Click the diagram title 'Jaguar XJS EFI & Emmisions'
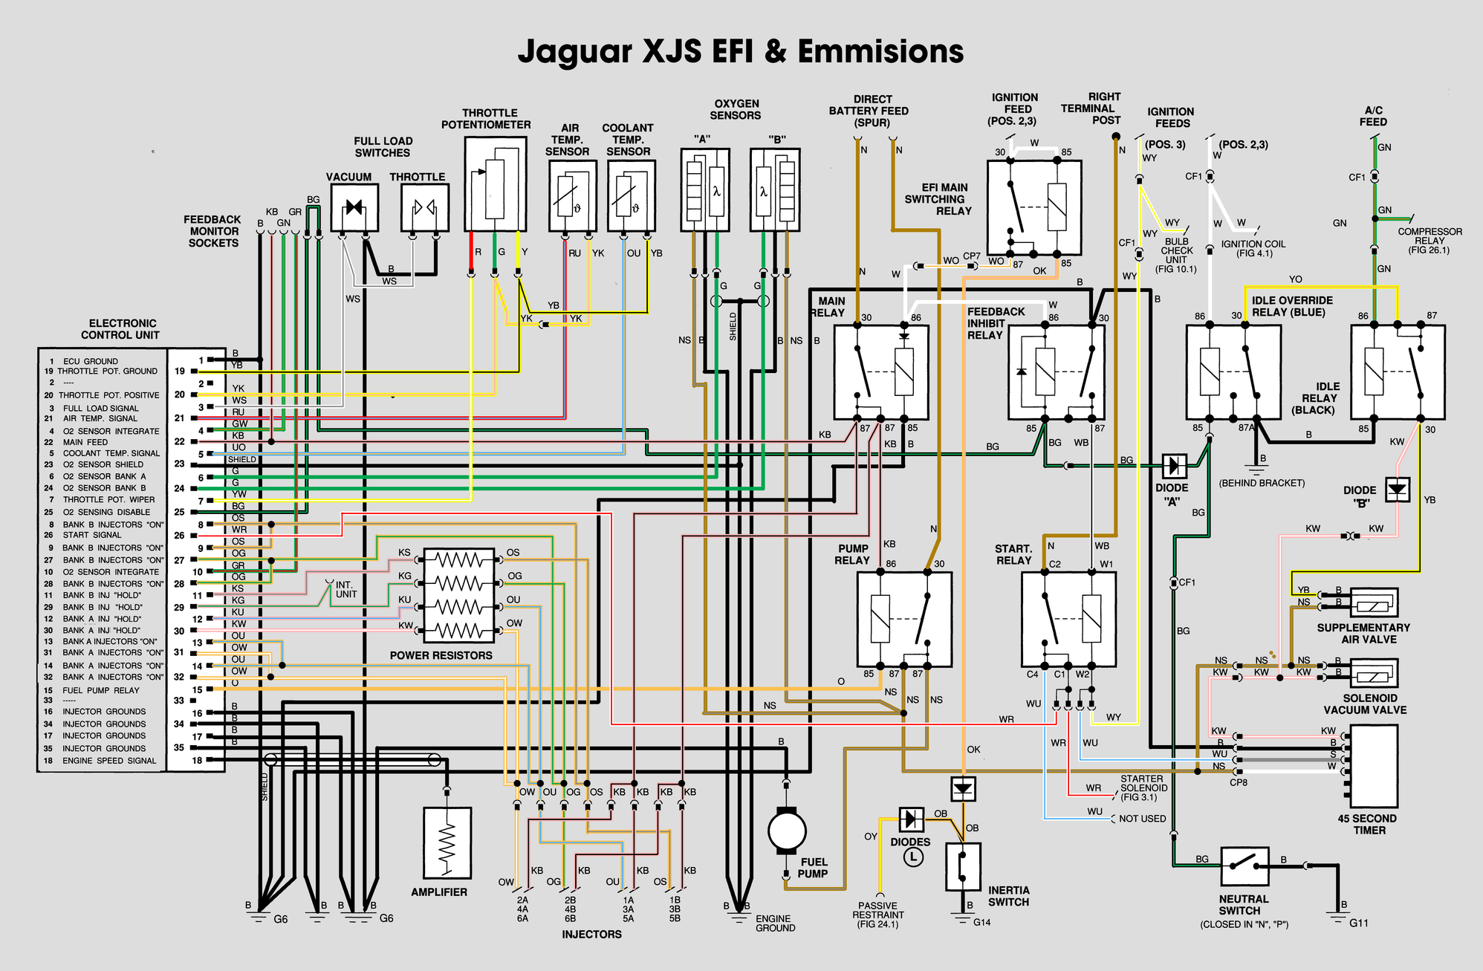click(741, 51)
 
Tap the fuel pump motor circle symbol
click(786, 831)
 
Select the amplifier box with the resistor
click(447, 843)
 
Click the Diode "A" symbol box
click(1174, 466)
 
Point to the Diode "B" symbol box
click(1398, 490)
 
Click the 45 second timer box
click(1373, 766)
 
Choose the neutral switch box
click(1244, 866)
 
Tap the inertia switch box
click(963, 866)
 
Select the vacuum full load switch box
click(354, 207)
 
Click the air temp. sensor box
click(573, 196)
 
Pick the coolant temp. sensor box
click(631, 196)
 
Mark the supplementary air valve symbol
click(1373, 603)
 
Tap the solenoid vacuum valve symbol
click(1373, 673)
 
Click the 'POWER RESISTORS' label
click(441, 655)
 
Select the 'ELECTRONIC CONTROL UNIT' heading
click(121, 329)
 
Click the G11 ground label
click(1359, 923)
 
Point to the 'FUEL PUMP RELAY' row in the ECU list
click(102, 690)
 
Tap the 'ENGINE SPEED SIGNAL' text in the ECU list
click(109, 761)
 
